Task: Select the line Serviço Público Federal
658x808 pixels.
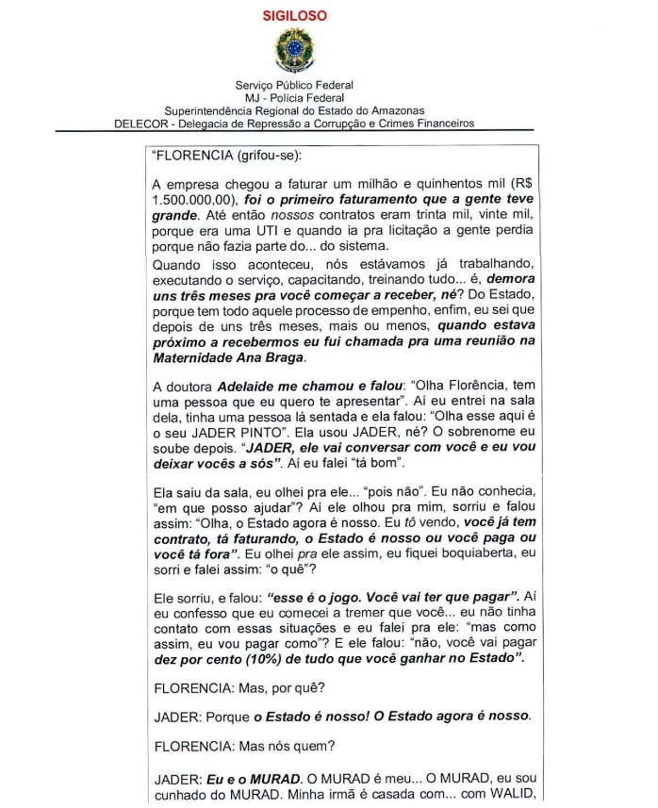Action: point(294,85)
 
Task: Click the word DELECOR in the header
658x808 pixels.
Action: point(140,123)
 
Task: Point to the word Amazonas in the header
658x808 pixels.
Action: point(397,110)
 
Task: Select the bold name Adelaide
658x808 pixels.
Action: point(248,388)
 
